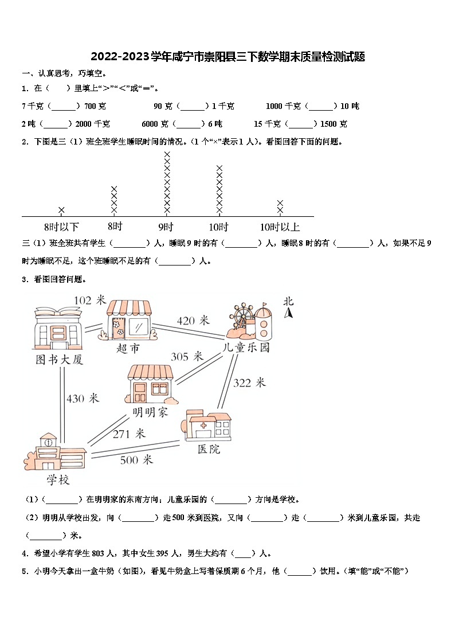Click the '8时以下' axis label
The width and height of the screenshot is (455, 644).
61,227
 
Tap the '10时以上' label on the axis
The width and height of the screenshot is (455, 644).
280,227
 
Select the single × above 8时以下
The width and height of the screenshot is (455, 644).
61,210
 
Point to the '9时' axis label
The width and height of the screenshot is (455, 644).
166,227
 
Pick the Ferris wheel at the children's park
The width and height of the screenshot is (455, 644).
242,318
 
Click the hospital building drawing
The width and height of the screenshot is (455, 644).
207,427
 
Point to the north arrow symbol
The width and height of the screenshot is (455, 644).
289,313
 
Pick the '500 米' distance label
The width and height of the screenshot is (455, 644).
136,459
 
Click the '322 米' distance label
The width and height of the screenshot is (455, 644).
249,383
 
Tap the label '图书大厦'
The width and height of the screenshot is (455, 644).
59,360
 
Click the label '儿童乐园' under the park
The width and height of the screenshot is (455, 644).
246,348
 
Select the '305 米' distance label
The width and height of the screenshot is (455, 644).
187,357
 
